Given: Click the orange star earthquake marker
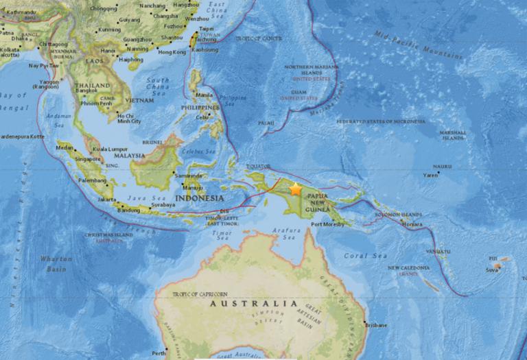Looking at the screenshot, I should click(x=296, y=189).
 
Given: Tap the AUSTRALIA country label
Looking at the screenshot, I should click(x=253, y=303).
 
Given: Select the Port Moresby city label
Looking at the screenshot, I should click(x=327, y=224).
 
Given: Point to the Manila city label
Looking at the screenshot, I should click(x=204, y=95).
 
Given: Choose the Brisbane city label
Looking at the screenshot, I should click(x=377, y=324).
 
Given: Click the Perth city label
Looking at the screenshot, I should click(x=159, y=353).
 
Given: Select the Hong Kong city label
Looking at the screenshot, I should click(x=172, y=52).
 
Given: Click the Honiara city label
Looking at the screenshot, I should click(x=412, y=224).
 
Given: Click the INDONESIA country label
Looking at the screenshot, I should click(x=199, y=198).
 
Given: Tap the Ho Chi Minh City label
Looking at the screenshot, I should click(x=128, y=118).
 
